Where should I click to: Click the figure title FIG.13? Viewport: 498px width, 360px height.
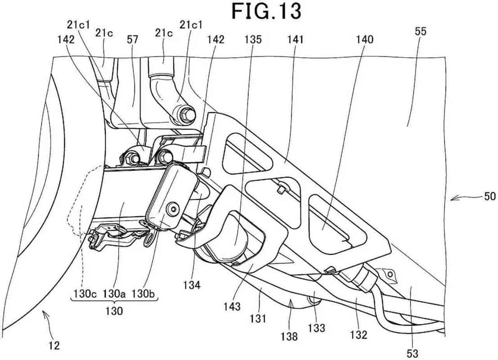pyautogui.click(x=266, y=11)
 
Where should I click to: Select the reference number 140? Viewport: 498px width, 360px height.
pyautogui.click(x=364, y=40)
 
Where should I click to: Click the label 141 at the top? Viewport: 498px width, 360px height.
pyautogui.click(x=295, y=40)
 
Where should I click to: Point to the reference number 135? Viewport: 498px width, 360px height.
pyautogui.click(x=253, y=40)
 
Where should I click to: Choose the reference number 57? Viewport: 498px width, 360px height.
pyautogui.click(x=132, y=40)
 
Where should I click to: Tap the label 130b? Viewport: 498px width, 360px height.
pyautogui.click(x=143, y=293)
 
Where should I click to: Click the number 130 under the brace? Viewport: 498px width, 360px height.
pyautogui.click(x=114, y=310)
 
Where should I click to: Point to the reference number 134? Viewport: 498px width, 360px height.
pyautogui.click(x=192, y=285)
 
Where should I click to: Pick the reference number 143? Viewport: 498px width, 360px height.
pyautogui.click(x=232, y=306)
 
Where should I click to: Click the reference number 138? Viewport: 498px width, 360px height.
pyautogui.click(x=289, y=336)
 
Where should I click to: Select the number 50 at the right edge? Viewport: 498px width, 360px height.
pyautogui.click(x=489, y=196)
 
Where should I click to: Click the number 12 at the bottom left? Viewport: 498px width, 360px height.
pyautogui.click(x=54, y=345)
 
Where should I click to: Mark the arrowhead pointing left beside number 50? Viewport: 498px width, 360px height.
pyautogui.click(x=455, y=199)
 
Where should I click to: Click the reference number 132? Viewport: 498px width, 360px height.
pyautogui.click(x=359, y=334)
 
